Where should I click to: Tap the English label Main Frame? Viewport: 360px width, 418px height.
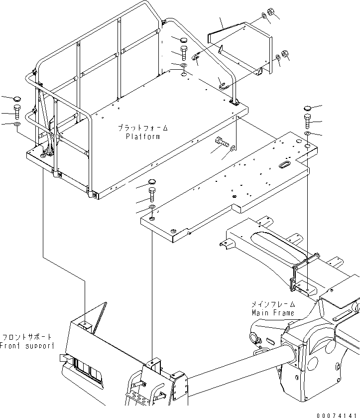[x=273, y=313]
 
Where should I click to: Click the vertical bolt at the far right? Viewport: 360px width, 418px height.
[x=308, y=120]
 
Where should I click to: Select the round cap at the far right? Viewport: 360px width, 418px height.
[x=307, y=108]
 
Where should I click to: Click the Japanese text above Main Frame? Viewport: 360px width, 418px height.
[x=272, y=304]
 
